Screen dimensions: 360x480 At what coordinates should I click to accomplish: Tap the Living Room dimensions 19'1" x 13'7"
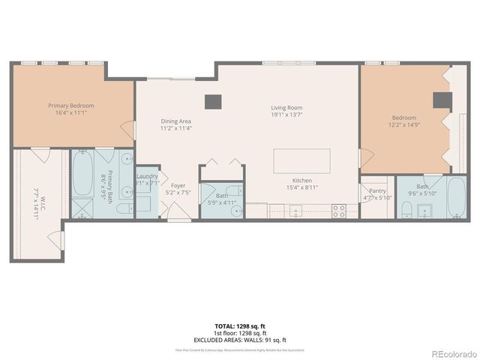(287, 116)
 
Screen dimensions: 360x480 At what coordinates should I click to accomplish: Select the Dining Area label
(176, 121)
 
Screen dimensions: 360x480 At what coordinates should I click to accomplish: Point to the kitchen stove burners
(339, 210)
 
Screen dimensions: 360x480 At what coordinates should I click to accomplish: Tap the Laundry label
(147, 176)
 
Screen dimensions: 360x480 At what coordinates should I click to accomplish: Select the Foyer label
(178, 185)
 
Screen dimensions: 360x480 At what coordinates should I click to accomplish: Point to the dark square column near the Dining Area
(213, 101)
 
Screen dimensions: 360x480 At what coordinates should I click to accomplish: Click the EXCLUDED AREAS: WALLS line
(240, 340)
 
